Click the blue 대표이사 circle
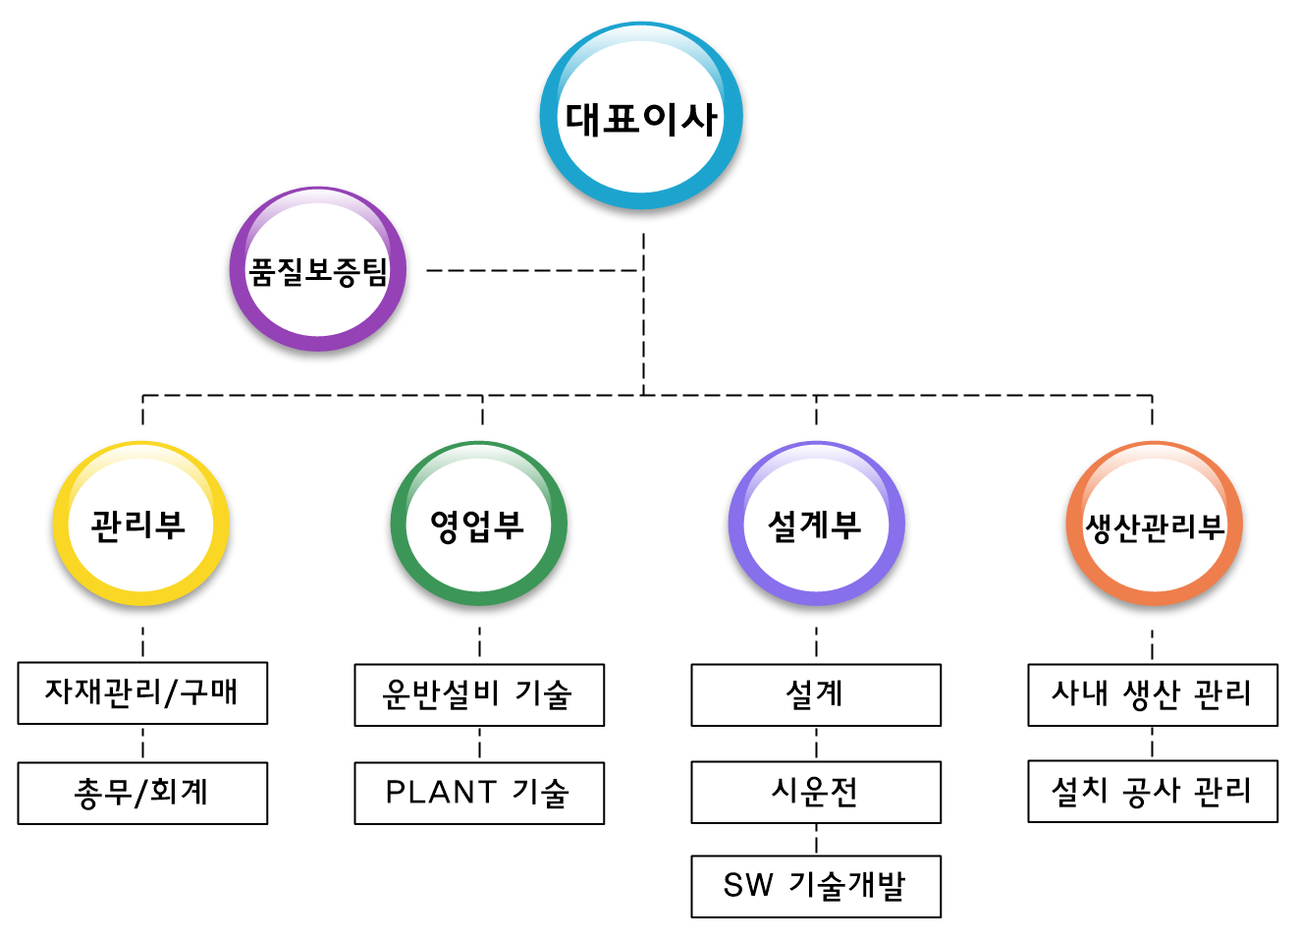tap(641, 117)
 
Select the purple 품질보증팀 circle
tap(318, 270)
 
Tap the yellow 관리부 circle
tap(140, 524)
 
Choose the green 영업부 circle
tap(479, 524)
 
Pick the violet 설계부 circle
tap(816, 524)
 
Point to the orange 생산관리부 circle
tap(1154, 525)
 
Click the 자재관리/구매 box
tap(142, 693)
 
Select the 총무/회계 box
tap(142, 793)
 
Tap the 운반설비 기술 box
tap(479, 695)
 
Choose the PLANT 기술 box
tap(479, 793)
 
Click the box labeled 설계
tap(816, 695)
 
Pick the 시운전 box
tap(816, 792)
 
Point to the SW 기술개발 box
tap(816, 886)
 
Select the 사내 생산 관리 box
tap(1153, 695)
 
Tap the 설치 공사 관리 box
tap(1153, 791)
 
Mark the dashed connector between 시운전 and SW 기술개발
tap(817, 840)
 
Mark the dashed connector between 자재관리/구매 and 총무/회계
tap(143, 744)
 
